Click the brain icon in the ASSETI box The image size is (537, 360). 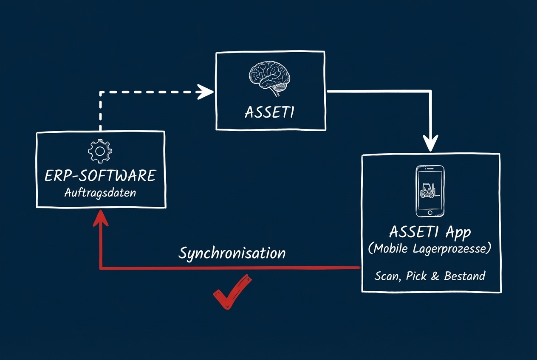point(270,76)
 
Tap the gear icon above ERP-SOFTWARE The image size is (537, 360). point(100,151)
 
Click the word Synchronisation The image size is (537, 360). point(232,253)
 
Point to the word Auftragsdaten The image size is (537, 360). point(100,192)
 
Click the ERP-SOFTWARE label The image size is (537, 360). point(100,175)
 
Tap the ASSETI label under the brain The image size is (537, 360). point(270,112)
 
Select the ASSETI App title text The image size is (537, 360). point(430,232)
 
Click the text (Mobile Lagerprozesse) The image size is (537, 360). point(430,249)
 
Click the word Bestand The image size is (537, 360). point(464,276)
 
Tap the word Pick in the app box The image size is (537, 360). point(416,276)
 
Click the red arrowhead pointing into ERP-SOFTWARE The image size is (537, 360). point(100,217)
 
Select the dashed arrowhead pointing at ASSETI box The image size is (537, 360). point(206,91)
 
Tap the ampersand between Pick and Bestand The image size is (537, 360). point(435,276)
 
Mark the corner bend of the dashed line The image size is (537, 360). point(101,92)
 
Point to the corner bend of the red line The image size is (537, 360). point(101,268)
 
